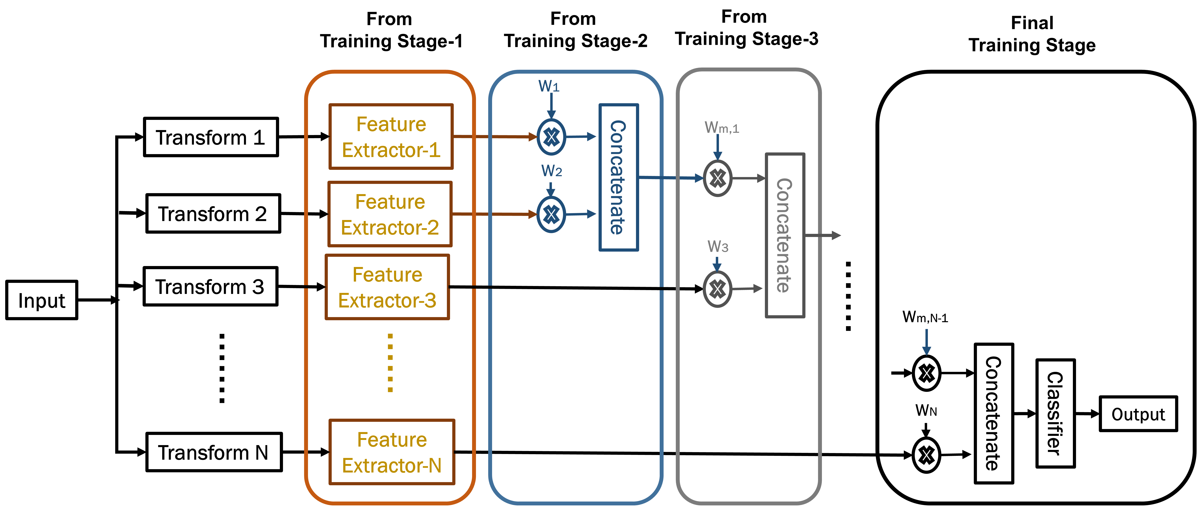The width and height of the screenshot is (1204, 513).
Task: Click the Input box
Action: [42, 300]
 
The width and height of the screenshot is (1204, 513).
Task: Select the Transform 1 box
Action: [211, 137]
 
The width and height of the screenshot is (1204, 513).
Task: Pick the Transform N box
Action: [214, 452]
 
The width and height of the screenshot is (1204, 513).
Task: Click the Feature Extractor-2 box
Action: [390, 214]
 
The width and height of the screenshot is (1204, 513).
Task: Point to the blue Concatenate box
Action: [618, 177]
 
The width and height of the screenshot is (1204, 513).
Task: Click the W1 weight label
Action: [549, 86]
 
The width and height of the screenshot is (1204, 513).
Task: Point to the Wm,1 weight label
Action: [721, 127]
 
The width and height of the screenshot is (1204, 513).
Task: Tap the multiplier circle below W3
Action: [717, 289]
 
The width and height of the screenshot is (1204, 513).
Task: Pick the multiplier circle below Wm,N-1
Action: [926, 373]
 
